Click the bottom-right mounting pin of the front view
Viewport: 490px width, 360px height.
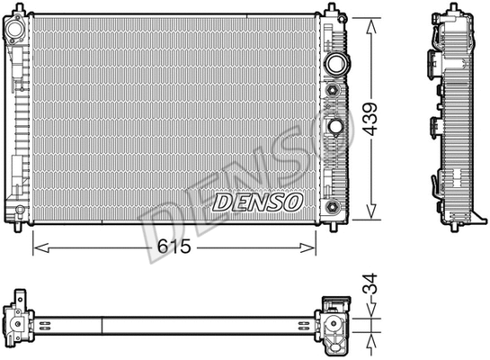tap(332, 224)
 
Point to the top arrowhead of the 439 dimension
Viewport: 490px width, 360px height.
tap(369, 20)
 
